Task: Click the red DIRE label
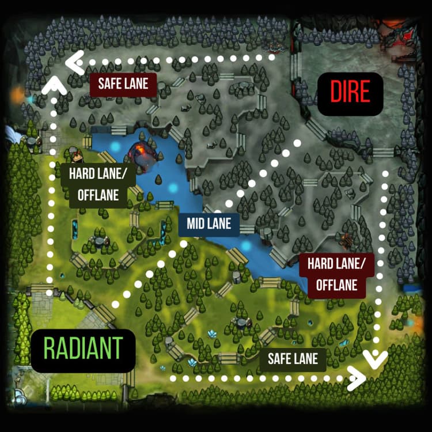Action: pyautogui.click(x=350, y=92)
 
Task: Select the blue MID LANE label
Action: pyautogui.click(x=209, y=223)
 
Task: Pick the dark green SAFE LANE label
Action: pyautogui.click(x=293, y=359)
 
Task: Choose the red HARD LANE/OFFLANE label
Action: pyautogui.click(x=340, y=274)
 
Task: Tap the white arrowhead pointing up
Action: pyautogui.click(x=52, y=86)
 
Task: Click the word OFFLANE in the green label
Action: pyautogui.click(x=94, y=195)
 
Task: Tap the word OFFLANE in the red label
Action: pyautogui.click(x=340, y=284)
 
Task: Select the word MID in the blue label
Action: pyautogui.click(x=196, y=223)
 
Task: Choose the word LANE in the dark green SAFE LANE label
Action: pyautogui.click(x=305, y=359)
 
